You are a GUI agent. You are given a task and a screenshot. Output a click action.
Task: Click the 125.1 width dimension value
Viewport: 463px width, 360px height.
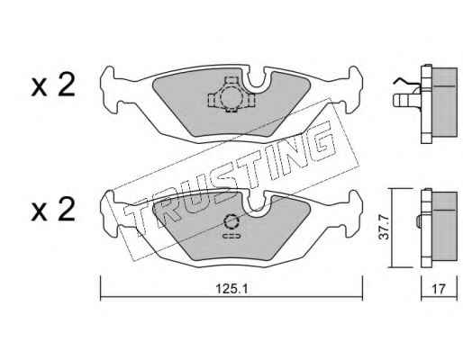(x=231, y=289)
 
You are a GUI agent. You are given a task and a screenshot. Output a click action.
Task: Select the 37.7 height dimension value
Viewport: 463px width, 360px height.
(x=384, y=227)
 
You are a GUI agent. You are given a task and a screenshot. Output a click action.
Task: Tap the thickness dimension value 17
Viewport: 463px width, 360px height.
(x=439, y=289)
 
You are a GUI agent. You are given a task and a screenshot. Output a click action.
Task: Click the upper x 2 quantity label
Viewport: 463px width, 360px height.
(x=53, y=86)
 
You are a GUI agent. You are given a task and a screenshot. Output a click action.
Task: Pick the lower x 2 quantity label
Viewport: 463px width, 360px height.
(x=53, y=211)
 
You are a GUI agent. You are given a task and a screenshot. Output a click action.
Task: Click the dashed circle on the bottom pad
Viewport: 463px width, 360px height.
(x=231, y=222)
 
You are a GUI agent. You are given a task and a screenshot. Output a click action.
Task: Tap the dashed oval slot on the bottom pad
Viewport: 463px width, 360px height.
(x=231, y=236)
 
